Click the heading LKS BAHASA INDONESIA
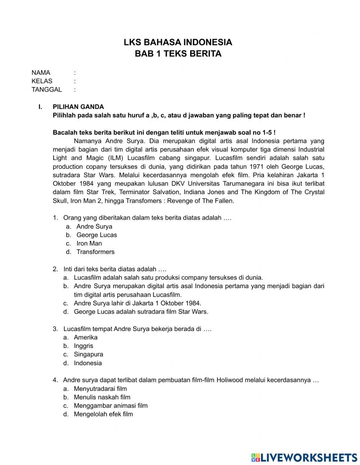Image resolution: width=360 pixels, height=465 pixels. click(x=178, y=42)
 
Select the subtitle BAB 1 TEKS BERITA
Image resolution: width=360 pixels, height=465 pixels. click(x=178, y=54)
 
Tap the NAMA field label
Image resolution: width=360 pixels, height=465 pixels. click(x=41, y=73)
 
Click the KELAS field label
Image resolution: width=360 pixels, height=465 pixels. click(x=42, y=81)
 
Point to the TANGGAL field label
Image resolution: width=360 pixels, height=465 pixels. click(x=46, y=90)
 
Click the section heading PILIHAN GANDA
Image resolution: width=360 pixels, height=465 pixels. click(x=78, y=107)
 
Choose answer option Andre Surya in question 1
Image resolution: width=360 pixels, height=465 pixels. click(x=94, y=227)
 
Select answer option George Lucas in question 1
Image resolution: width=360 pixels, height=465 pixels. click(x=96, y=235)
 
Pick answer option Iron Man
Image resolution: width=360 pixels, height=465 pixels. click(x=89, y=243)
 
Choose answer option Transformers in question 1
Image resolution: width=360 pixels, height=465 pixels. click(x=95, y=252)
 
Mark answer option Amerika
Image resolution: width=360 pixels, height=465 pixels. click(x=86, y=337)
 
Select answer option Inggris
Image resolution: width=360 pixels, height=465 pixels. click(x=84, y=346)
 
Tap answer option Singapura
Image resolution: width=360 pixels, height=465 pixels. click(x=89, y=354)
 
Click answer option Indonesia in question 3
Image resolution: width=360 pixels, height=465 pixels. click(x=88, y=363)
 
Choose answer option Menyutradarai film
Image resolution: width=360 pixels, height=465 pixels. click(x=100, y=389)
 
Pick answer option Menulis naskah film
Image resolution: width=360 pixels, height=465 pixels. click(x=102, y=397)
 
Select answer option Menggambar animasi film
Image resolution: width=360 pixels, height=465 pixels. click(x=111, y=406)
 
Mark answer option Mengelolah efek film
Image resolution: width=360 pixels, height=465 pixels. click(x=103, y=414)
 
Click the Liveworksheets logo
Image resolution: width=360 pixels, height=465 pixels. click(x=304, y=457)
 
